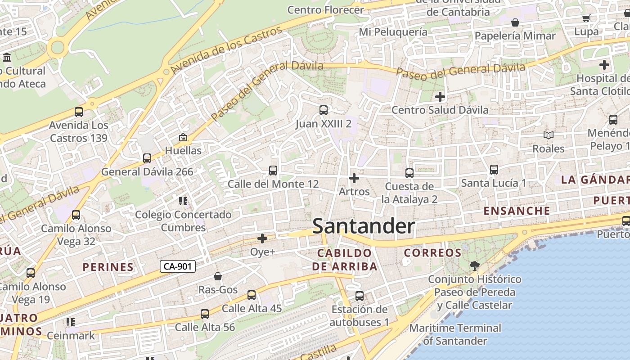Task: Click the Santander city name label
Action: [363, 226]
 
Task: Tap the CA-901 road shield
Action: [178, 266]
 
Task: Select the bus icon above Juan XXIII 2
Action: [323, 110]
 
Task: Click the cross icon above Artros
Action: [354, 178]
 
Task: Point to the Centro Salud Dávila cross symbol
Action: [440, 96]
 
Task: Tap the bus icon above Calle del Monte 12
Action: [273, 171]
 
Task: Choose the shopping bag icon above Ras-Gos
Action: [218, 276]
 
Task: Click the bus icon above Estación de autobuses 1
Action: [359, 296]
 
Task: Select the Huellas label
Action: [183, 150]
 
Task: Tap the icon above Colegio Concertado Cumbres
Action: [183, 201]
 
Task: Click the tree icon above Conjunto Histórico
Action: [474, 265]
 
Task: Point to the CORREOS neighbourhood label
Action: [432, 253]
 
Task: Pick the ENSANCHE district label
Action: [517, 211]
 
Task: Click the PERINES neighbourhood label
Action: [108, 267]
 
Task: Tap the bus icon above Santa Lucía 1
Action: [494, 170]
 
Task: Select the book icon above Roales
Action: [548, 135]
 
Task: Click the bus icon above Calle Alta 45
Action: [251, 295]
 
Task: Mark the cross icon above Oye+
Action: [262, 238]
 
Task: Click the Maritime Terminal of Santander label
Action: [455, 334]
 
